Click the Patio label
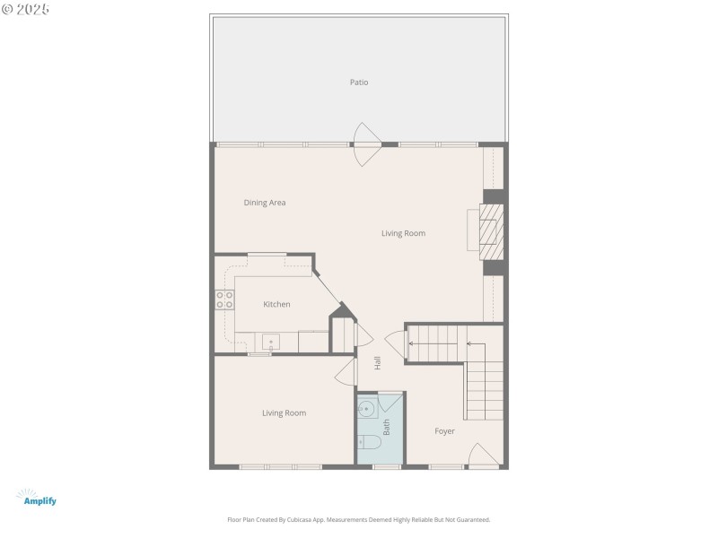pyautogui.click(x=359, y=82)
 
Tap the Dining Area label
pyautogui.click(x=265, y=203)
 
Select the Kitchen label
pyautogui.click(x=276, y=305)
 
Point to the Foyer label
pyautogui.click(x=444, y=431)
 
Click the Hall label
pyautogui.click(x=378, y=363)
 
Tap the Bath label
pyautogui.click(x=387, y=429)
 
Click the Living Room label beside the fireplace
pyautogui.click(x=403, y=233)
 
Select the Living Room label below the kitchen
pyautogui.click(x=284, y=413)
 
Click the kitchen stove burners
pyautogui.click(x=224, y=299)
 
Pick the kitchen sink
pyautogui.click(x=270, y=341)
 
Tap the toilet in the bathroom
pyautogui.click(x=369, y=442)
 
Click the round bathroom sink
pyautogui.click(x=366, y=410)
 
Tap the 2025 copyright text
pyautogui.click(x=26, y=8)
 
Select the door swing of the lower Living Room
pyautogui.click(x=345, y=375)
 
